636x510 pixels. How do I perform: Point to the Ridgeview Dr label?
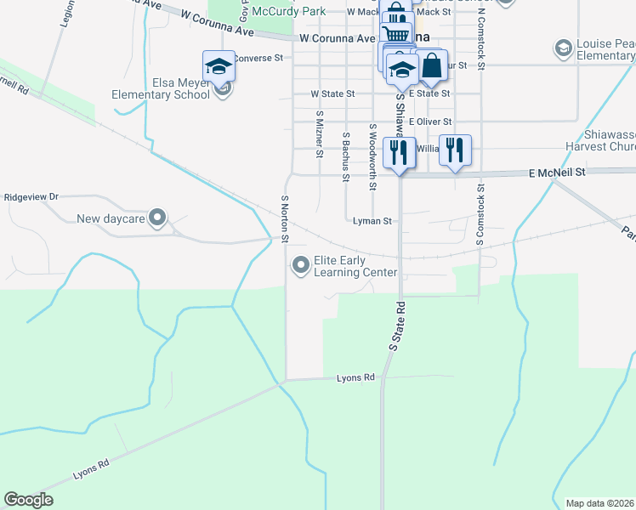31,196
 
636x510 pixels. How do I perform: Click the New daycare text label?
110,218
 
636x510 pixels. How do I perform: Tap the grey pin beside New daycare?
157,218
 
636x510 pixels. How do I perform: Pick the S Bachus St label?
346,156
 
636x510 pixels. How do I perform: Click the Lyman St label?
372,221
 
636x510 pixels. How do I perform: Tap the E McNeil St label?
557,172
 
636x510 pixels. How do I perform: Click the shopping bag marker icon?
431,65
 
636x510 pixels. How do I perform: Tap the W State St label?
332,93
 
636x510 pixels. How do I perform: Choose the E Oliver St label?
430,122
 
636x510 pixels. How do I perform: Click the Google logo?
28,500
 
